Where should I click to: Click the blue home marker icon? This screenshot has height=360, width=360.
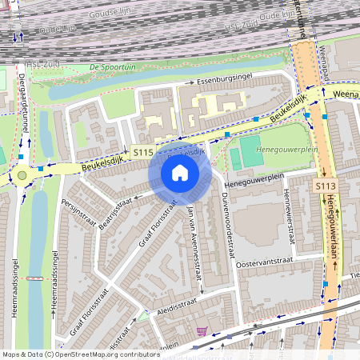(x=180, y=173)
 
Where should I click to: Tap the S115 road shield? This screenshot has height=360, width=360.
(x=143, y=151)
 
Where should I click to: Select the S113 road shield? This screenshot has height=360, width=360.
(x=324, y=186)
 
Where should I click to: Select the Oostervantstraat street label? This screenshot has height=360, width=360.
(x=266, y=261)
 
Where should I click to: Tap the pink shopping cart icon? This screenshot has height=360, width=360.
(x=202, y=330)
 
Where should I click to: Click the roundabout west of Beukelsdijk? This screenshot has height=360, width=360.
(x=22, y=174)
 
